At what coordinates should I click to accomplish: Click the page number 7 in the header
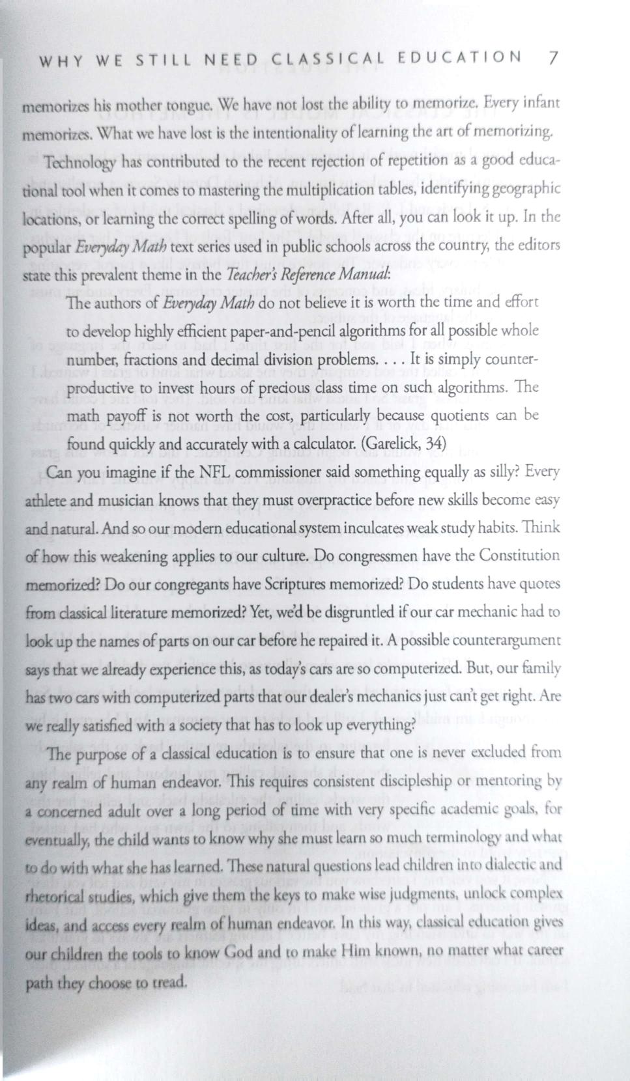point(553,57)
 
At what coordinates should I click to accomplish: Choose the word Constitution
point(519,555)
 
